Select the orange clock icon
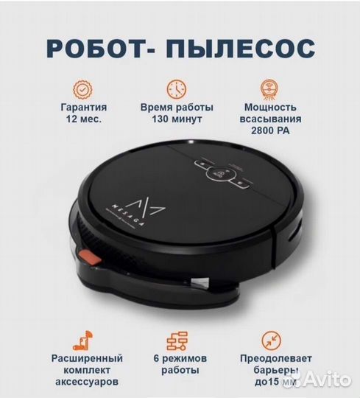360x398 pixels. (x=177, y=88)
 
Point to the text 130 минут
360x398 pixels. (x=176, y=118)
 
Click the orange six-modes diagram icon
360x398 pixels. (x=177, y=339)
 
